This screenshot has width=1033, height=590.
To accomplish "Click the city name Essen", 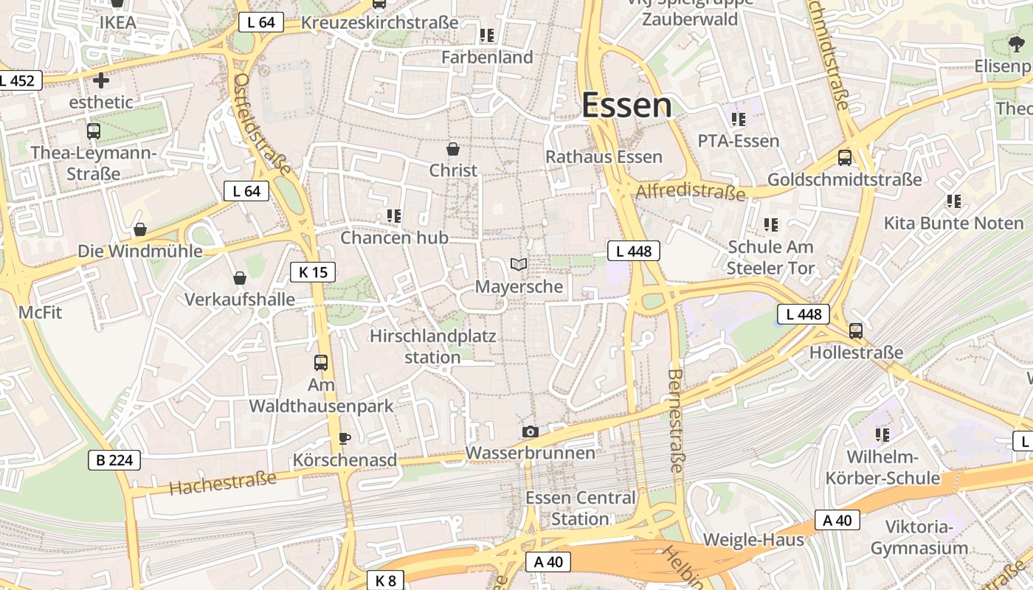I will pyautogui.click(x=626, y=105).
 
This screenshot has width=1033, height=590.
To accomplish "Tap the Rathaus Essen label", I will pyautogui.click(x=604, y=157).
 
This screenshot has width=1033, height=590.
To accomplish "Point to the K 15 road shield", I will pyautogui.click(x=313, y=272).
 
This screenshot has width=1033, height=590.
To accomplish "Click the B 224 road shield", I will pyautogui.click(x=114, y=460).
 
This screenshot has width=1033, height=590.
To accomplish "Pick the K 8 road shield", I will pyautogui.click(x=385, y=580).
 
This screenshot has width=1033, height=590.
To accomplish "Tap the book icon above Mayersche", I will pyautogui.click(x=519, y=264).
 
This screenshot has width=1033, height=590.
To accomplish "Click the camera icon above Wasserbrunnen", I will pyautogui.click(x=530, y=431).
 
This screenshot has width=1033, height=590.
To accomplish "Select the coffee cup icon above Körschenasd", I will pyautogui.click(x=344, y=438).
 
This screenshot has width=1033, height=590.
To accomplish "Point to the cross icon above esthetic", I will pyautogui.click(x=101, y=80).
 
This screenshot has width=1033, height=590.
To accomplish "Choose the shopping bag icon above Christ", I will pyautogui.click(x=453, y=148).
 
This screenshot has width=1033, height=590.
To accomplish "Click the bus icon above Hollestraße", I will pyautogui.click(x=856, y=330).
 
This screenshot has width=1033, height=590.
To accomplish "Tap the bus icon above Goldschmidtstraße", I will pyautogui.click(x=845, y=157).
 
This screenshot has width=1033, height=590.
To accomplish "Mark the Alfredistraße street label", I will pyautogui.click(x=690, y=192).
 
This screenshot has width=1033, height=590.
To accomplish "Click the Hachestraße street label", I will pyautogui.click(x=222, y=483).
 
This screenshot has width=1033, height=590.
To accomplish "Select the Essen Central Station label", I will pyautogui.click(x=580, y=508).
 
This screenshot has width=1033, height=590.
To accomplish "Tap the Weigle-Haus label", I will pyautogui.click(x=753, y=540).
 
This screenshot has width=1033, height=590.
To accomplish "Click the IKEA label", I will pyautogui.click(x=118, y=22).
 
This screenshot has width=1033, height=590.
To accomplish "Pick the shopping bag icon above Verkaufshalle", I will pyautogui.click(x=240, y=278).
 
